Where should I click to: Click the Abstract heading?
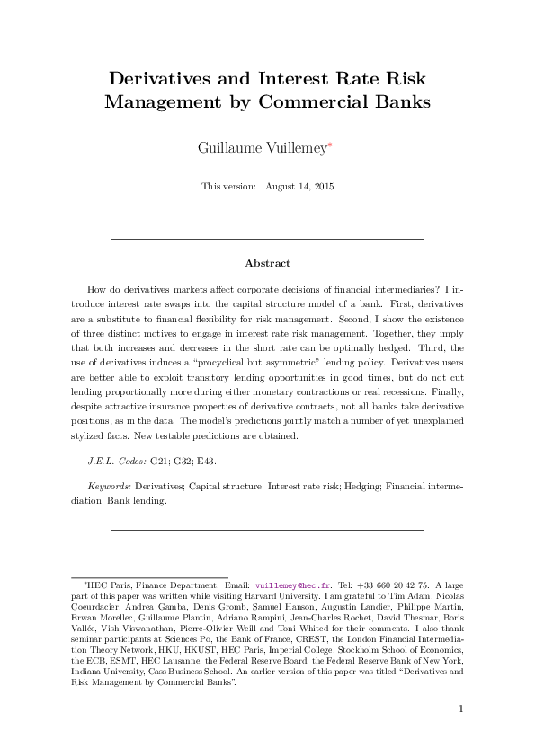pos(267,263)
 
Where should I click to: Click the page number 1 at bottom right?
pos(460,709)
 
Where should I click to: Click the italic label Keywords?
pos(109,486)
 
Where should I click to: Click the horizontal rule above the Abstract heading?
pos(267,240)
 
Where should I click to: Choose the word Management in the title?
pos(158,101)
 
